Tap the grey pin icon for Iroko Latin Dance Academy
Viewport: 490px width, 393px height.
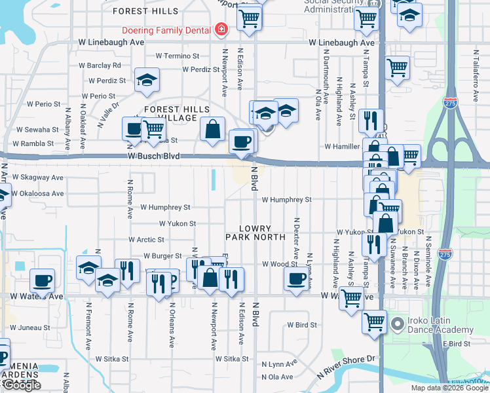click(x=396, y=324)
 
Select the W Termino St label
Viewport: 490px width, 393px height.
click(x=177, y=56)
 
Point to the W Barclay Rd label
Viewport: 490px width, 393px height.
click(x=100, y=65)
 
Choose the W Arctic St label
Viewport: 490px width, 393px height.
click(x=146, y=240)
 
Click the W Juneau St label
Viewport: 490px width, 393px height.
click(x=29, y=327)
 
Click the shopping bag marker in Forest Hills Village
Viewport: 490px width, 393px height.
click(x=213, y=130)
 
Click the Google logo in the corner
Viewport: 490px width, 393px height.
click(x=21, y=386)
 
